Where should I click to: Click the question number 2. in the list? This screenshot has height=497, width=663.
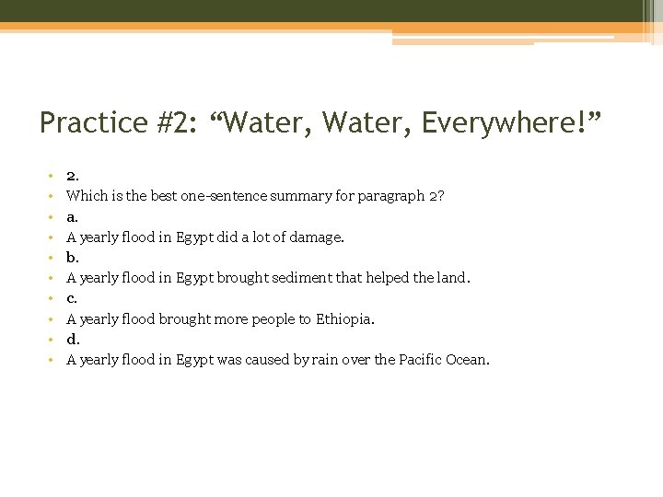click(73, 175)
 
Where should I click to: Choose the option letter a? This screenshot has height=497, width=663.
click(72, 217)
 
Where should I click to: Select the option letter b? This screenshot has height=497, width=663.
click(72, 258)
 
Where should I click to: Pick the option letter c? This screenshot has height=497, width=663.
click(72, 298)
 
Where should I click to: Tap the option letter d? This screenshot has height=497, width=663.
click(73, 339)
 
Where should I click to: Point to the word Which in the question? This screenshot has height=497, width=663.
click(86, 196)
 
